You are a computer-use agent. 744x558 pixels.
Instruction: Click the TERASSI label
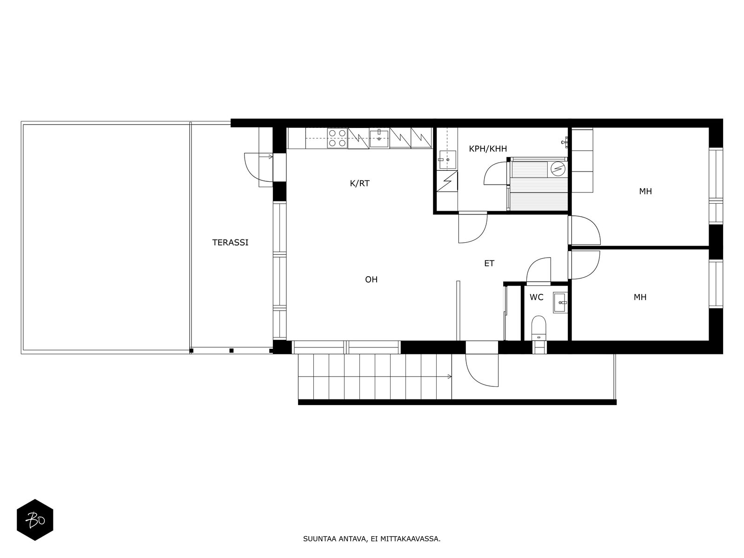click(x=230, y=242)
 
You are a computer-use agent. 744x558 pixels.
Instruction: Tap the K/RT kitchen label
click(x=359, y=183)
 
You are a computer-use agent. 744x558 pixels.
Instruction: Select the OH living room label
click(x=371, y=279)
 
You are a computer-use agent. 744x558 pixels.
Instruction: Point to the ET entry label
click(x=489, y=263)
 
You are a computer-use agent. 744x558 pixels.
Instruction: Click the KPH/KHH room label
click(x=488, y=149)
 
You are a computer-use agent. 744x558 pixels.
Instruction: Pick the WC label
click(x=536, y=297)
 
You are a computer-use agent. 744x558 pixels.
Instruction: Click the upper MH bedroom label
click(x=645, y=191)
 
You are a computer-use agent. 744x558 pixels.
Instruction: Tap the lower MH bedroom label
click(x=640, y=297)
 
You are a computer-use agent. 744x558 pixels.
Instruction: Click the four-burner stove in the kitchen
click(x=338, y=138)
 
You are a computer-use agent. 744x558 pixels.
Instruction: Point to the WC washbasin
click(x=560, y=303)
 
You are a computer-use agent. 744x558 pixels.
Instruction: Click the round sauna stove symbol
click(x=558, y=168)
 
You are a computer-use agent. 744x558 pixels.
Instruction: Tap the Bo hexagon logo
click(x=35, y=520)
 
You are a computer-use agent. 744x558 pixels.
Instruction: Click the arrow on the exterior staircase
click(x=449, y=376)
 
